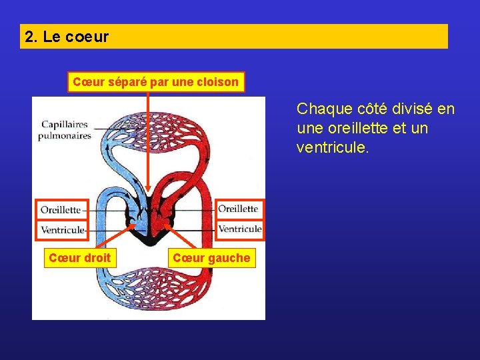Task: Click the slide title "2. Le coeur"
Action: (x=67, y=37)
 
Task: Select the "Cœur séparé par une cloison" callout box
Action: (x=155, y=82)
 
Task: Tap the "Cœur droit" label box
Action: (x=79, y=257)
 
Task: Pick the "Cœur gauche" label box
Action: (x=211, y=258)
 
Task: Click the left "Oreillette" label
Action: (x=61, y=209)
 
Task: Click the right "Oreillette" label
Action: (x=238, y=209)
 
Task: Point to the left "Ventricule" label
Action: (x=63, y=230)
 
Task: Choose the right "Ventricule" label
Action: (x=240, y=229)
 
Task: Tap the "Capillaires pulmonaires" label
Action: (x=66, y=129)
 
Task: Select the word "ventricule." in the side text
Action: (x=332, y=147)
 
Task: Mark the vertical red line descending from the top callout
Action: (x=148, y=140)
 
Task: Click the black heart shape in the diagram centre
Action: (x=148, y=230)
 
